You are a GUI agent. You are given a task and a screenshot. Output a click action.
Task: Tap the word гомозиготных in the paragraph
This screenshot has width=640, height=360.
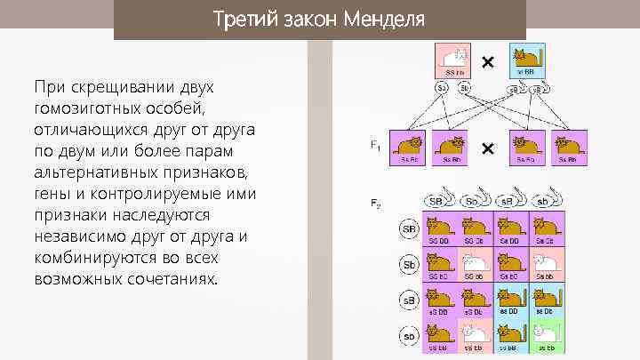86,108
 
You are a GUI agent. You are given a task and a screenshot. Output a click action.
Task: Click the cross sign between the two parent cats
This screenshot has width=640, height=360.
487,63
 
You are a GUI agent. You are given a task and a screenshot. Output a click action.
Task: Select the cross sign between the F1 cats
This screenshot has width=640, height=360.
487,148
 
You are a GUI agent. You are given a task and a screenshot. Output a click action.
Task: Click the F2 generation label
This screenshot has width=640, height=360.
375,204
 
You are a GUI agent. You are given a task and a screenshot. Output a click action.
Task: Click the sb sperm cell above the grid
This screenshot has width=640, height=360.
548,200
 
